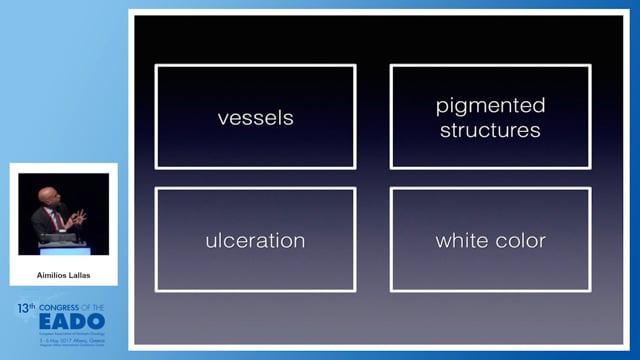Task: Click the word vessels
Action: pos(255,118)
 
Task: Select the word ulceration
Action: pos(255,241)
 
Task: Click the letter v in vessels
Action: pos(222,118)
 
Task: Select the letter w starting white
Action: pos(441,241)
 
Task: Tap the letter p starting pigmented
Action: pos(441,107)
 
